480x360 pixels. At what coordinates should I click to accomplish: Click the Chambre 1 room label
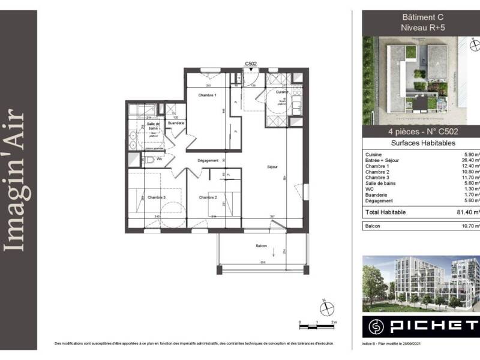pos(207,95)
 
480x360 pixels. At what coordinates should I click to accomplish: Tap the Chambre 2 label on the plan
pos(208,197)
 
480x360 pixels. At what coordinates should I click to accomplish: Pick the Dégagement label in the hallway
pos(207,161)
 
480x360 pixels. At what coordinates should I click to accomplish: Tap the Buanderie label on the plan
pos(176,123)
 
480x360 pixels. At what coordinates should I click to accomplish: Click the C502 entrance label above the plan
pos(251,63)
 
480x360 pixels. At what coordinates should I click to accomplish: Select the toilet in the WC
pos(147,161)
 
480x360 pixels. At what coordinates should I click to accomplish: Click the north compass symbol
pos(326,308)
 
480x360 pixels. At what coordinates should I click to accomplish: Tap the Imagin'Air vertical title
pos(19,180)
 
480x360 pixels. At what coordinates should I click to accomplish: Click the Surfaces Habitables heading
pos(422,143)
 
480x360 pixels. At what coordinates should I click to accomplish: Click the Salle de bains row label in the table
pos(382,184)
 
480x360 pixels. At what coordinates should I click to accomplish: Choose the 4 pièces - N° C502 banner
pos(422,132)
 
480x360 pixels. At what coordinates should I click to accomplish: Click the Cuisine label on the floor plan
pos(283,92)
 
